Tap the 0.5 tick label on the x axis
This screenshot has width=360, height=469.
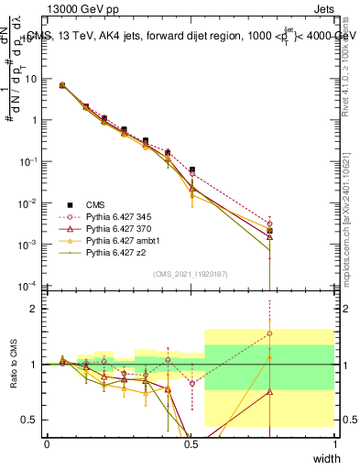[191, 443]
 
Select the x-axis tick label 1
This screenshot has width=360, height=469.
[335, 443]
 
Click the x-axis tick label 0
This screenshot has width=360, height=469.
[47, 443]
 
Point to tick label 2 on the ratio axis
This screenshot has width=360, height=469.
[37, 309]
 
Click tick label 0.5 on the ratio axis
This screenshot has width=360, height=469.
[31, 420]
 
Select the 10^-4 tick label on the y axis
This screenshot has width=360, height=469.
[29, 286]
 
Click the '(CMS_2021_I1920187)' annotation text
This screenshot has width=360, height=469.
[191, 274]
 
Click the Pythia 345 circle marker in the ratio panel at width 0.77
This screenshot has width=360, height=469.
[269, 333]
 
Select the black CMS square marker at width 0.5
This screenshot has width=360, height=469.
[192, 169]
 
